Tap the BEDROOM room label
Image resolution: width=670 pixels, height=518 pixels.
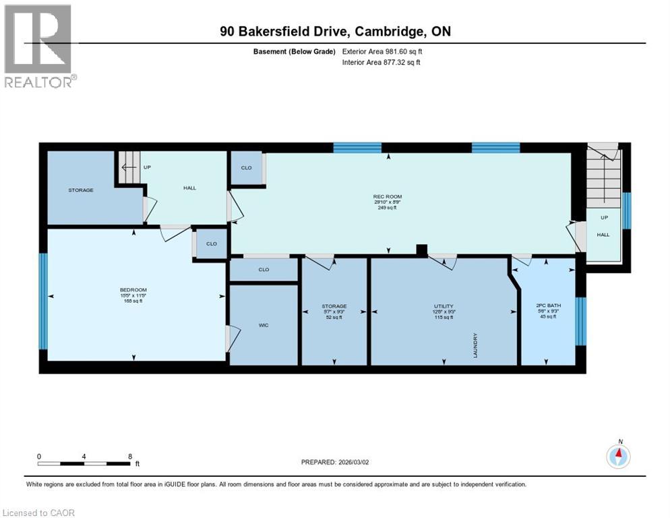pos(133,290)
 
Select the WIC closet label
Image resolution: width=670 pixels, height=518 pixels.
pos(264,325)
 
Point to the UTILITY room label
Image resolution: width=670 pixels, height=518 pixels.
pos(443,306)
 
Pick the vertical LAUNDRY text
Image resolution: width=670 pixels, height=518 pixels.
pos(476,344)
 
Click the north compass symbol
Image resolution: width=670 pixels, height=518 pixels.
pos(618,457)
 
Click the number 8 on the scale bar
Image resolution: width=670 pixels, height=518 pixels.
pos(130,456)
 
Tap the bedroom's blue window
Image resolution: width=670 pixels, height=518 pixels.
pos(42,301)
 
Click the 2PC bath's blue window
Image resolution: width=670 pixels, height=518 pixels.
pos(581,320)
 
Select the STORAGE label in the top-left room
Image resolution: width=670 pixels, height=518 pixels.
pos(81,190)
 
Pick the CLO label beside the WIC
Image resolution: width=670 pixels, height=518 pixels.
pos(264,270)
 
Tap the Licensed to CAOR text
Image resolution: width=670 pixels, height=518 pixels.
pos(39,513)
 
